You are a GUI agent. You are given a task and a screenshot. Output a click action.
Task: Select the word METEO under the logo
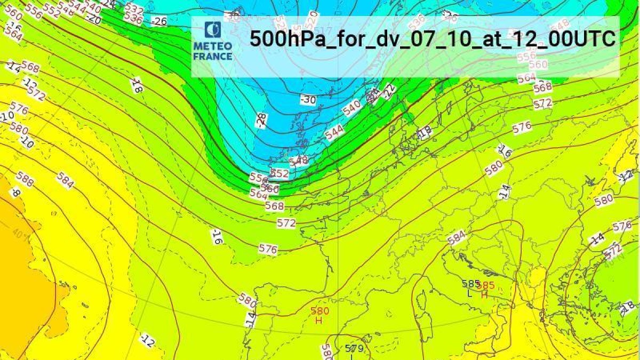click(212, 45)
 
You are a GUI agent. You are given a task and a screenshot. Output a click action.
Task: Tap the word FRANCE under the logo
click(212, 56)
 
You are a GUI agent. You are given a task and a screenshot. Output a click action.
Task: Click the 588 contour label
click(25, 179)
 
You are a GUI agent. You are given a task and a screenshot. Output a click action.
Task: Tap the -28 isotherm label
click(261, 120)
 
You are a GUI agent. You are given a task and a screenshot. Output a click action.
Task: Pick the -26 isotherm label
click(158, 21)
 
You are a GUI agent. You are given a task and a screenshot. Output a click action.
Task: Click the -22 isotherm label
click(390, 91)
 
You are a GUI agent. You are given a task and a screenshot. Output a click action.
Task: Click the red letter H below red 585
click(484, 294)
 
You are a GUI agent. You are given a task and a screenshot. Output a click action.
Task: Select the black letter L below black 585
click(469, 293)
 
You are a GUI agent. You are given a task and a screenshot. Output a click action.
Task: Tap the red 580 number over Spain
click(319, 311)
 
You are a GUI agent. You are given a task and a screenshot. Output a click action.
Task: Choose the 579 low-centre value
click(354, 349)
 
